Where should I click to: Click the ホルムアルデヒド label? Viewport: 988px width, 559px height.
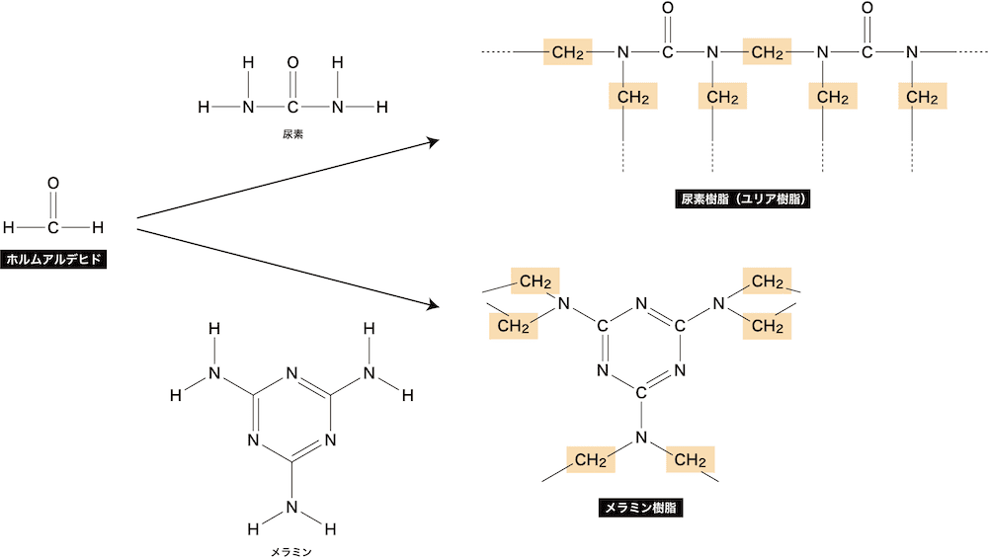click(x=53, y=259)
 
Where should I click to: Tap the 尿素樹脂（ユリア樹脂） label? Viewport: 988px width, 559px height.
click(x=742, y=200)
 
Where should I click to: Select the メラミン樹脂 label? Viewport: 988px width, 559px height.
click(x=640, y=508)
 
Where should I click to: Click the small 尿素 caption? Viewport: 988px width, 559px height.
click(x=293, y=134)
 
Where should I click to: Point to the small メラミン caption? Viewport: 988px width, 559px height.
click(x=291, y=552)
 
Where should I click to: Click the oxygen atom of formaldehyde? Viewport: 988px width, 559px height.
click(x=53, y=184)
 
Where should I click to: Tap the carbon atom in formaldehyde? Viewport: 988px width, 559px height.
click(x=53, y=227)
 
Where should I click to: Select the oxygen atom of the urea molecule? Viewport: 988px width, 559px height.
click(x=292, y=63)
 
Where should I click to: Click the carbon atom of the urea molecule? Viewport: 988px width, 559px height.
click(x=292, y=107)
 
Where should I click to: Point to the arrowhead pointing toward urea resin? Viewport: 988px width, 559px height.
click(x=434, y=142)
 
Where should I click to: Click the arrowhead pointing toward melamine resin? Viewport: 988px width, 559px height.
click(x=434, y=305)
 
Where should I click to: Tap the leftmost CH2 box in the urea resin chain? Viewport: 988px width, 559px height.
click(x=568, y=51)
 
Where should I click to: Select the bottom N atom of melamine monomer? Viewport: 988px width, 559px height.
click(x=291, y=507)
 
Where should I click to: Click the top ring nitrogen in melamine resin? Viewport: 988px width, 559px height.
click(x=641, y=304)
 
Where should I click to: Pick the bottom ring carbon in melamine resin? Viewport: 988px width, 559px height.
click(x=641, y=393)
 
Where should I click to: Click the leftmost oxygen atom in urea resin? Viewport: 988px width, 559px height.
click(x=668, y=8)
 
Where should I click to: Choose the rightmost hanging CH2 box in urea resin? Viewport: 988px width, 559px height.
click(x=923, y=97)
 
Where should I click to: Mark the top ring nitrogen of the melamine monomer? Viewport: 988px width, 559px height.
click(x=291, y=373)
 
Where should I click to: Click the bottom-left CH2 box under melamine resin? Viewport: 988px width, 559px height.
click(x=591, y=459)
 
